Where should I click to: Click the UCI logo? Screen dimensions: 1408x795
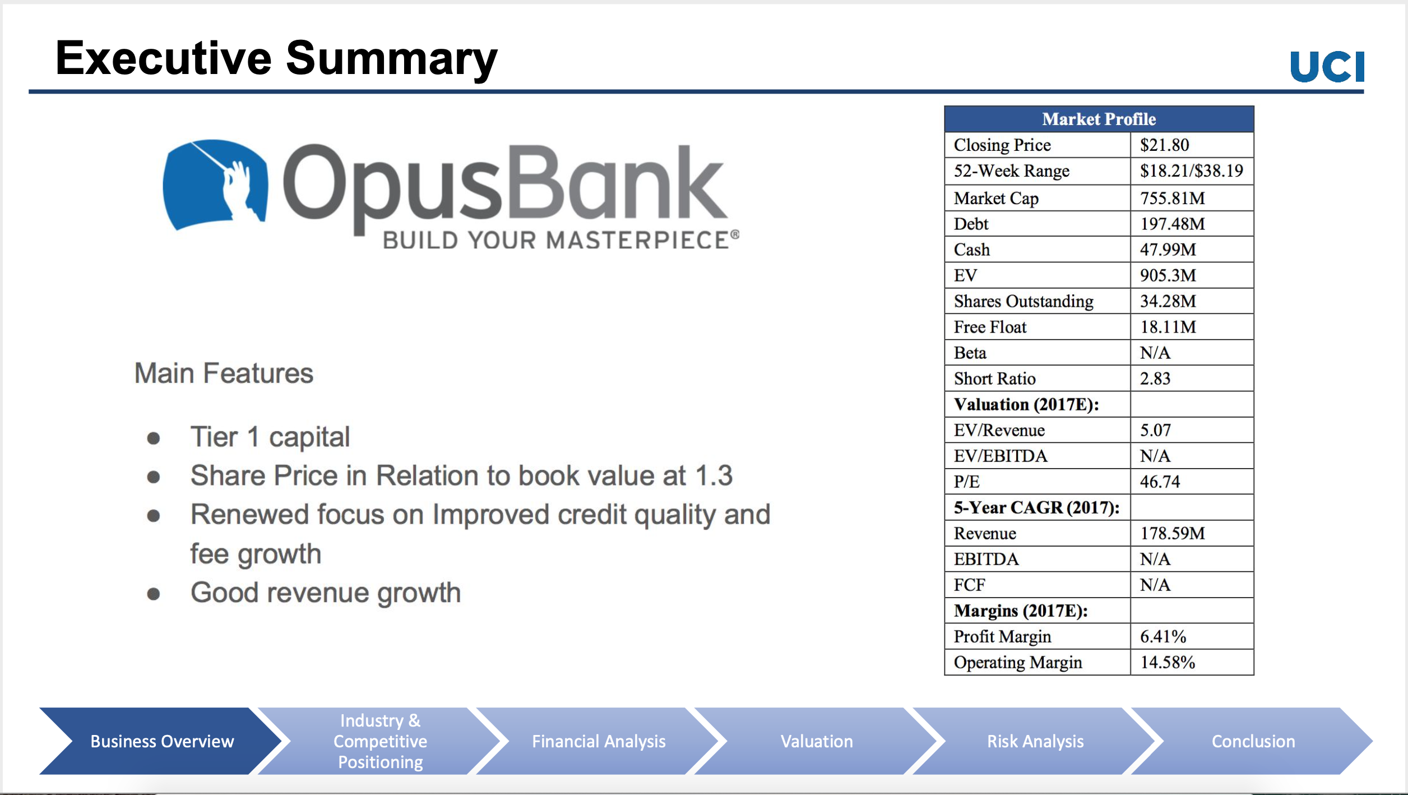tap(1327, 67)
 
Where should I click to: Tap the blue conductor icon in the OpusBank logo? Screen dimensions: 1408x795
tap(215, 184)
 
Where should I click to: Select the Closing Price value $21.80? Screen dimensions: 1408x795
tap(1164, 145)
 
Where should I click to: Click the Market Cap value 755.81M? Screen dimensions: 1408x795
tap(1172, 198)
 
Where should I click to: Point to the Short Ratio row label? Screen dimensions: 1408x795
tap(994, 378)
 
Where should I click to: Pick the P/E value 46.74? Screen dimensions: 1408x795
tap(1160, 482)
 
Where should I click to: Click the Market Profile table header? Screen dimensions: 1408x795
tap(1099, 119)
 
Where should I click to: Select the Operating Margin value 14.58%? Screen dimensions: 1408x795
tap(1168, 662)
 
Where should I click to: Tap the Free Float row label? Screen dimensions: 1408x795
tap(990, 327)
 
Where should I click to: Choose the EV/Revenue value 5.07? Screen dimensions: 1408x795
tap(1155, 430)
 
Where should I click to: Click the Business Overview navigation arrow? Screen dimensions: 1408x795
tap(161, 741)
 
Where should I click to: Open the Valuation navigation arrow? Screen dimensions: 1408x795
tap(816, 741)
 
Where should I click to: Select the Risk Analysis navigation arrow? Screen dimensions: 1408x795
tap(1035, 741)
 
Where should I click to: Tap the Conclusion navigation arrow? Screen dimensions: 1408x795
tap(1253, 741)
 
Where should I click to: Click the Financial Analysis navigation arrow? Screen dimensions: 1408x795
tap(598, 741)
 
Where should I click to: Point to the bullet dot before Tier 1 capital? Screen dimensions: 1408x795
tap(154, 438)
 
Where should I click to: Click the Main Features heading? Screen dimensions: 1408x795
tap(224, 373)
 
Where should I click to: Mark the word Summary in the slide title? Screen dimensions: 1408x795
tap(392, 59)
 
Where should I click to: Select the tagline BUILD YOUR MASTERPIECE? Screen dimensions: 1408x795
tap(561, 240)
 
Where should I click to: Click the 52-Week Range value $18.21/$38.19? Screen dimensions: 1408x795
tap(1192, 170)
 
